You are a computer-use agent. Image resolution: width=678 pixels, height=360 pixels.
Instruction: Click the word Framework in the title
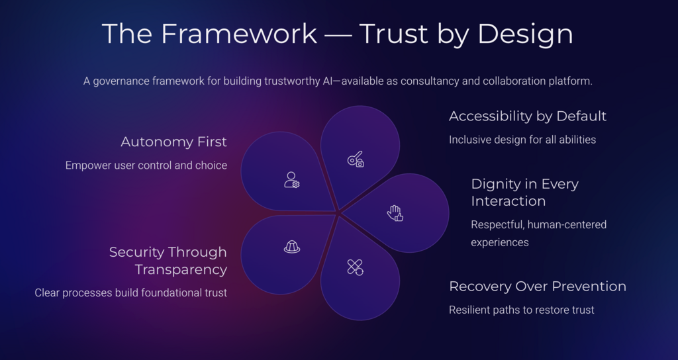tap(239, 33)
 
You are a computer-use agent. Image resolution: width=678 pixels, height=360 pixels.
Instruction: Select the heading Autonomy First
tap(174, 142)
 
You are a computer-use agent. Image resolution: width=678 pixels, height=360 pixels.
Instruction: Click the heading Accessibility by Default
tap(528, 116)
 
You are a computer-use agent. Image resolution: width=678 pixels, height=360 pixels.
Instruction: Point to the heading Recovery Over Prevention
tap(538, 286)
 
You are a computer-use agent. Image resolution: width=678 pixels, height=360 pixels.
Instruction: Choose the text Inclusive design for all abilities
tap(522, 140)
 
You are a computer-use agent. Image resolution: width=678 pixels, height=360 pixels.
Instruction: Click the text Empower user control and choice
tap(146, 165)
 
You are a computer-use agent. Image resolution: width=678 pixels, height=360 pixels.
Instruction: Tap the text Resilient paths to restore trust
tap(522, 310)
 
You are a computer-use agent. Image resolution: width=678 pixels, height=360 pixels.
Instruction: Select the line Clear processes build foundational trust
tap(130, 293)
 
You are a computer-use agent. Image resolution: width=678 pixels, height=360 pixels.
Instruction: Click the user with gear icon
tap(292, 180)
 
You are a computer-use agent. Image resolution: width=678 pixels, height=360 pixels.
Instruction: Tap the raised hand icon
tap(395, 213)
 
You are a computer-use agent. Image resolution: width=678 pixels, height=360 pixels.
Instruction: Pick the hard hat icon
tap(292, 247)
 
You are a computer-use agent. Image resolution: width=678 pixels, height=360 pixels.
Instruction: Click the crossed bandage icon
tap(355, 267)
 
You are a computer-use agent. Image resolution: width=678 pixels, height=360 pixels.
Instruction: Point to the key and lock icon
tap(356, 159)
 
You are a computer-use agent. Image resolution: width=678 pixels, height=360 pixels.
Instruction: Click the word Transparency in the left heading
tap(181, 270)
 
